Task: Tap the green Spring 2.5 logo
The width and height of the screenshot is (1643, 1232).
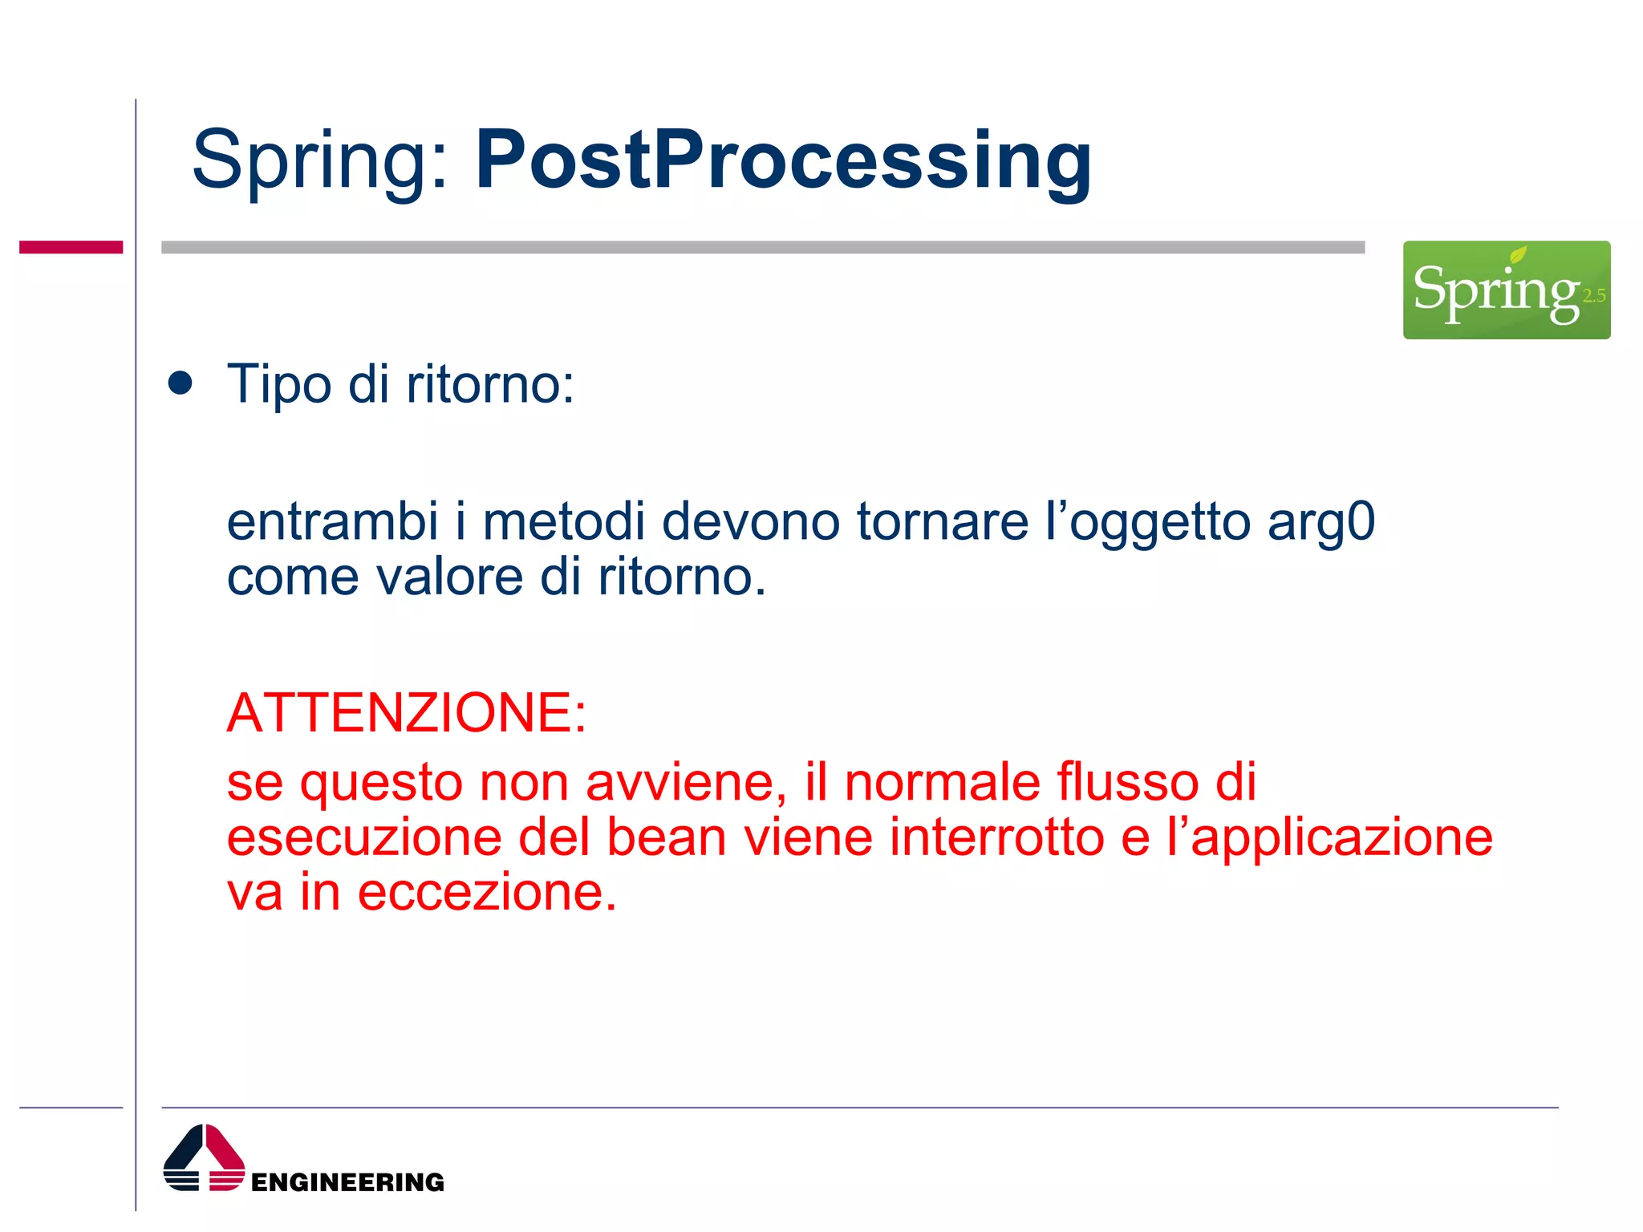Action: tap(1506, 290)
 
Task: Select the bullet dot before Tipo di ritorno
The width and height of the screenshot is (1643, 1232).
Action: tap(181, 383)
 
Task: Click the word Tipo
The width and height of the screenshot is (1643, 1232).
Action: tap(278, 385)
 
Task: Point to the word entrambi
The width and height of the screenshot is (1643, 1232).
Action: tap(332, 521)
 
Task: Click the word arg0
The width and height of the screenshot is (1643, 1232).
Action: tap(1320, 521)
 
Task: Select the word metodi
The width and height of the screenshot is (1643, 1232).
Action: tap(563, 521)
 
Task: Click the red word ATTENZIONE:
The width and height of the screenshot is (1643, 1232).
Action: tap(407, 712)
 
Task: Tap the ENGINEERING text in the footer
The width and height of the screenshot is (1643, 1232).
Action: tap(347, 1181)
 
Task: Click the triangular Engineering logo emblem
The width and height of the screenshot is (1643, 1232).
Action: tap(204, 1158)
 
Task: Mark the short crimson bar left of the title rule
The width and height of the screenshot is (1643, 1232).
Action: tap(71, 247)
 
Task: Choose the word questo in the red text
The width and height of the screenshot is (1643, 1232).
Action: tap(381, 783)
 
